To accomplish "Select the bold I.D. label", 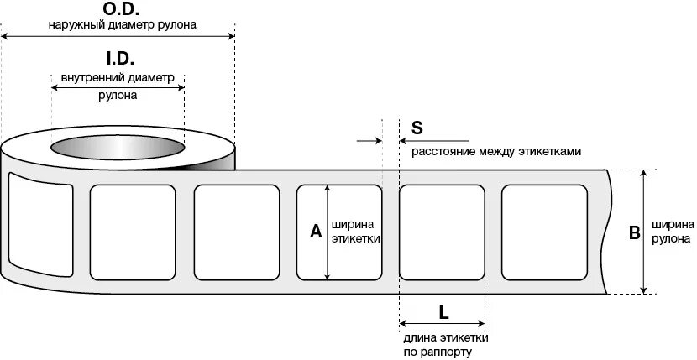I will point(118,60).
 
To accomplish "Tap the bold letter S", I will point(417,128).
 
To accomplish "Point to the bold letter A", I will point(316,232).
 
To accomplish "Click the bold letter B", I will point(635,232).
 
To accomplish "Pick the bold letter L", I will point(443,311).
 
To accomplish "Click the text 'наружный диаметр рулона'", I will point(123,25).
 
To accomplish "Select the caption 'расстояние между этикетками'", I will point(495,151).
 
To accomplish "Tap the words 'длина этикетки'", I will point(444,337).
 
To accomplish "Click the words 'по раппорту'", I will point(438,352).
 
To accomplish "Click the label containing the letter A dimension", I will point(339,232).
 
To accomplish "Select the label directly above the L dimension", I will point(442,232).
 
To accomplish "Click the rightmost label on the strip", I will point(544,232).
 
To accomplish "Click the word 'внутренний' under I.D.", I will point(88,78).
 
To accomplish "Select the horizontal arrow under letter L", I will point(442,324).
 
